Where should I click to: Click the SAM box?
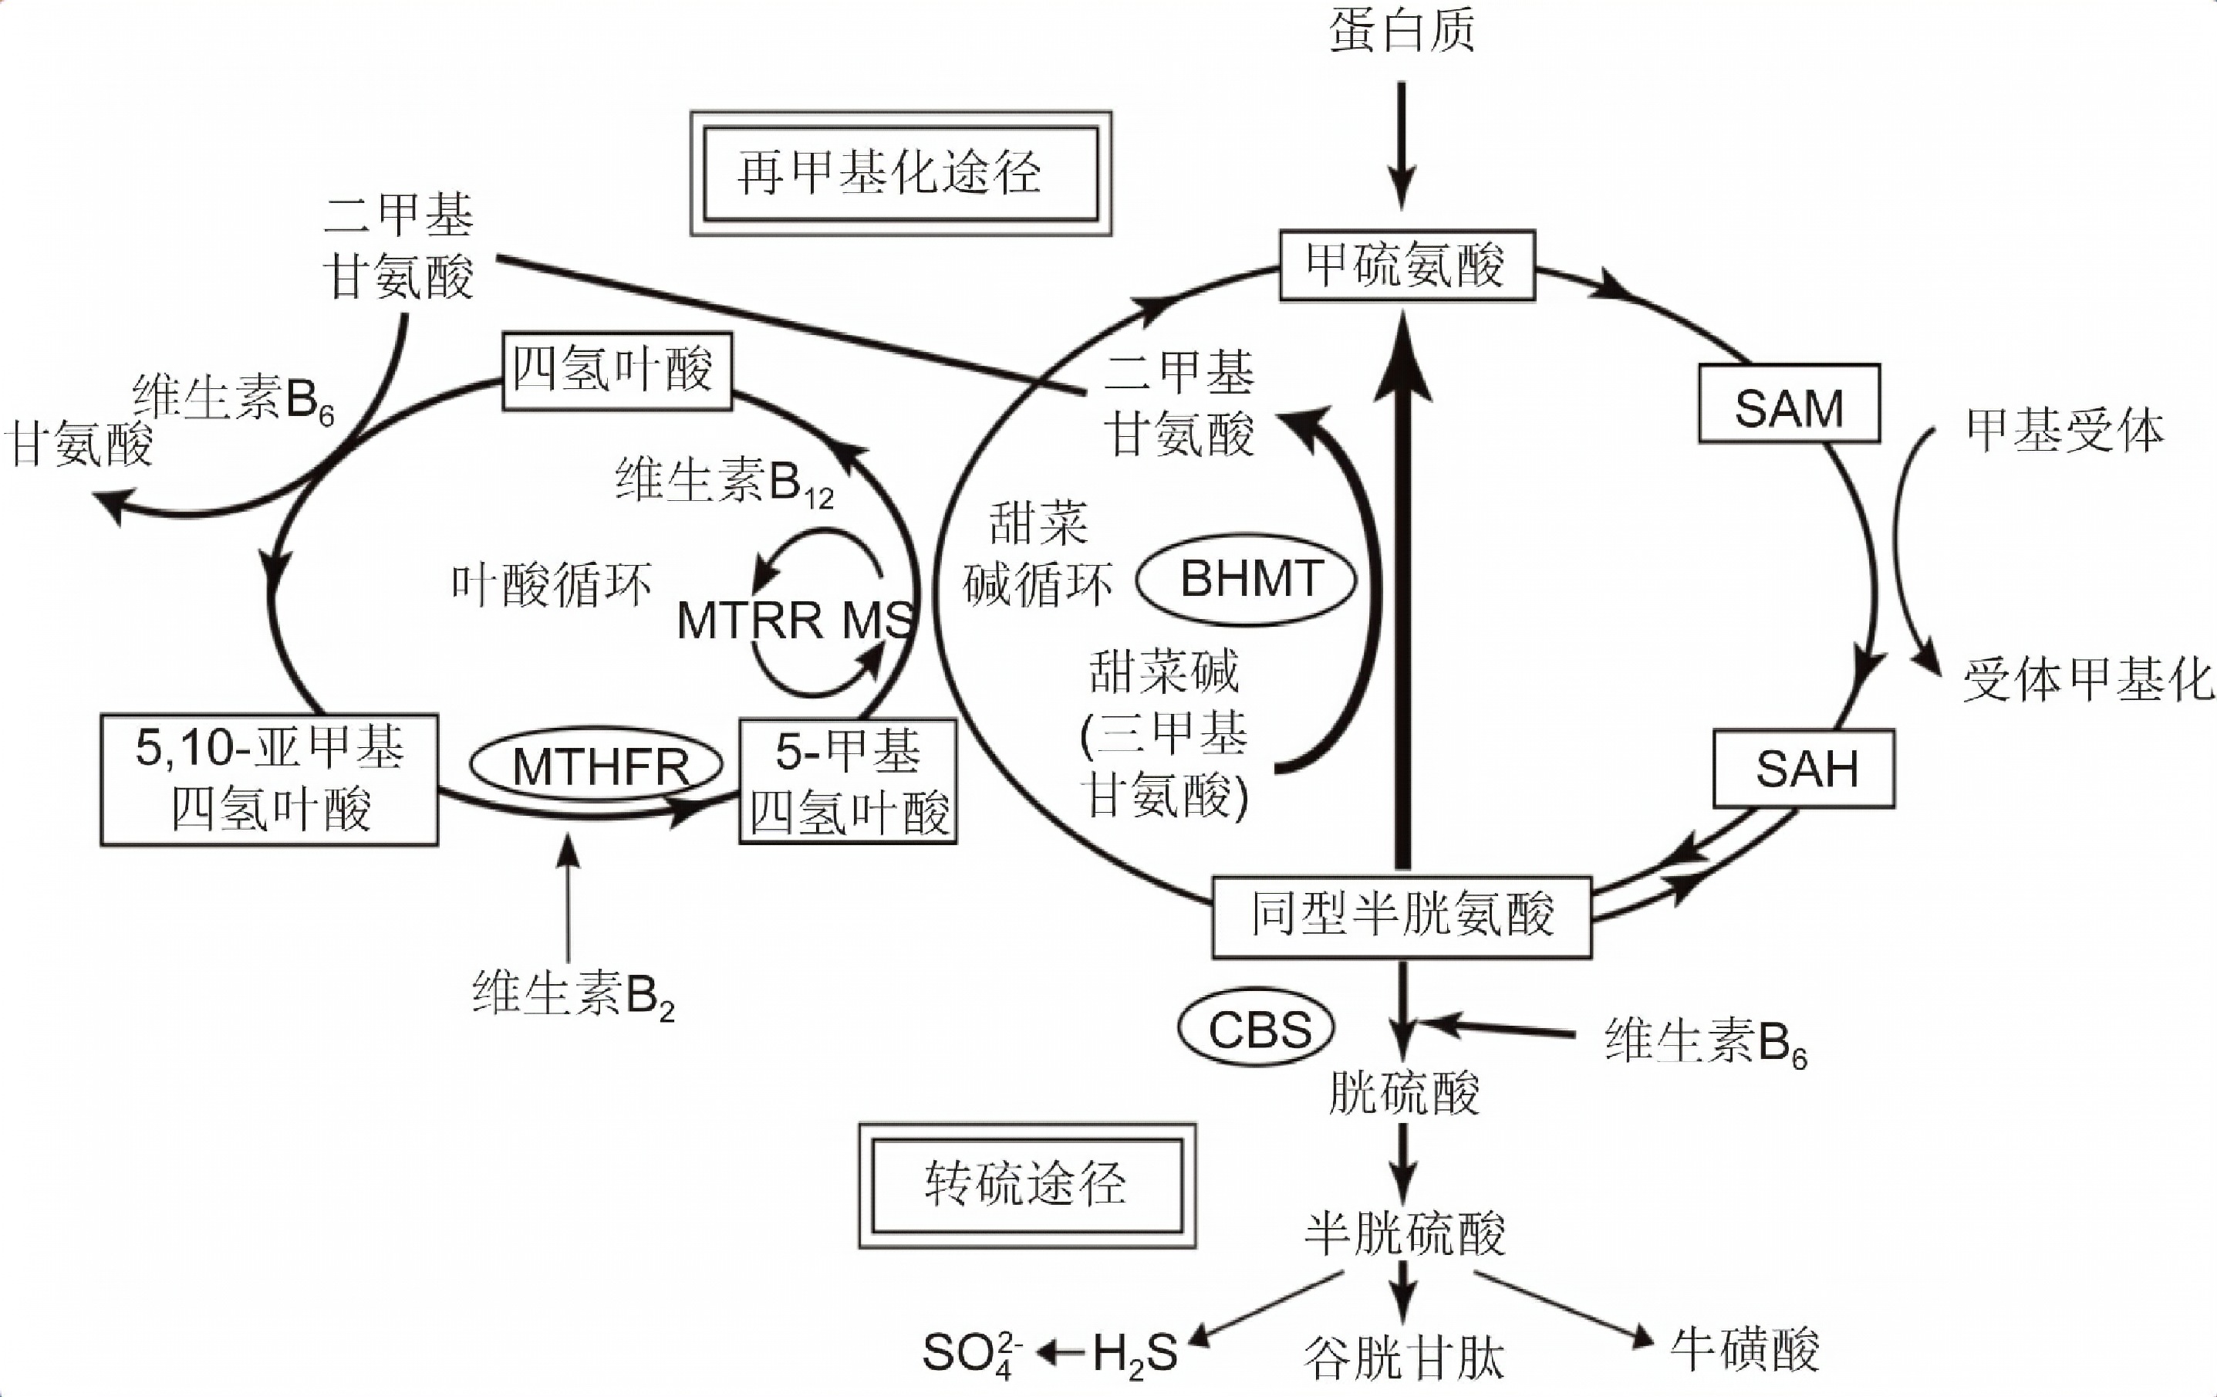click(x=1788, y=404)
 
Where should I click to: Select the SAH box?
click(x=1804, y=768)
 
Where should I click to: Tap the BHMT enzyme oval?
click(x=1247, y=579)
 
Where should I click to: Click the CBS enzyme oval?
click(x=1257, y=1028)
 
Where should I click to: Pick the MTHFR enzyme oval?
click(x=596, y=764)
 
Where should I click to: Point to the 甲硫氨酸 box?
click(x=1407, y=266)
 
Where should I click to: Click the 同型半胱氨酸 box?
click(x=1402, y=917)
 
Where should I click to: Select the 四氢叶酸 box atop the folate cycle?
click(x=617, y=370)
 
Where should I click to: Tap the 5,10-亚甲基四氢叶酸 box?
click(x=269, y=779)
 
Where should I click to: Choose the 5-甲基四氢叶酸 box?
click(x=848, y=781)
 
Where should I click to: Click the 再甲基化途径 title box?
click(x=900, y=173)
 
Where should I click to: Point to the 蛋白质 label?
click(x=1402, y=29)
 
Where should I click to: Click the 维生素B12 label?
click(x=724, y=482)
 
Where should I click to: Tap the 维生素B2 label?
click(x=572, y=996)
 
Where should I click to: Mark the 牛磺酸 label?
click(x=1744, y=1350)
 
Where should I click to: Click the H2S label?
click(x=1134, y=1354)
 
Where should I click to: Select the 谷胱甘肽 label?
click(x=1403, y=1358)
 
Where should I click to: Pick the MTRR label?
click(x=747, y=620)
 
